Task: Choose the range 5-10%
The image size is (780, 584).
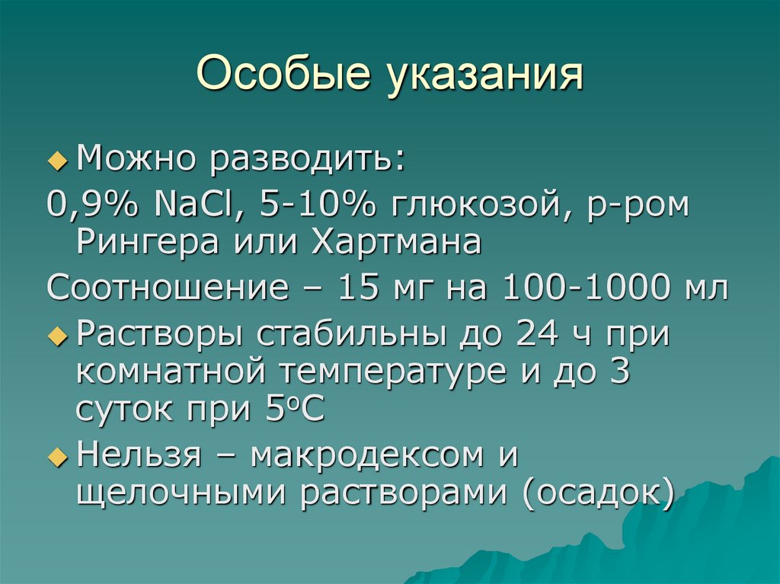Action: [312, 203]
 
